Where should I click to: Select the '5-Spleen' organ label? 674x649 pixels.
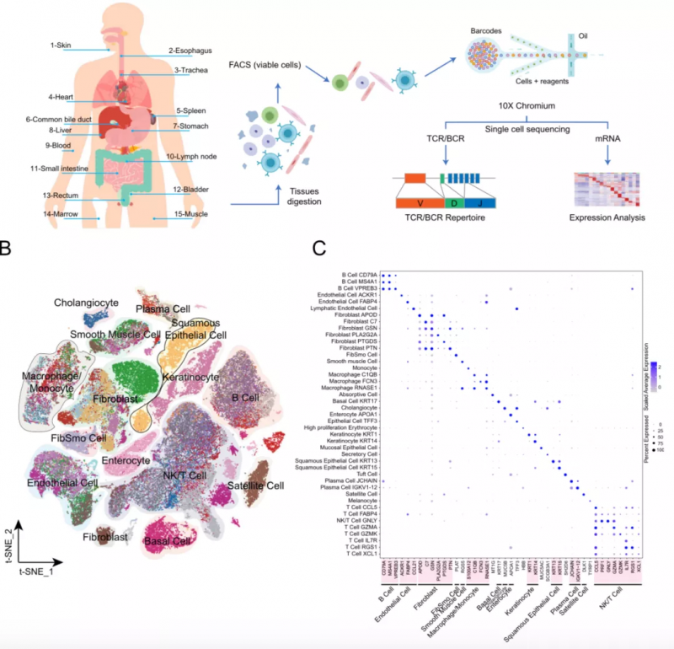click(x=190, y=110)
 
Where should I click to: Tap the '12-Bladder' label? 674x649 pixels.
click(x=190, y=190)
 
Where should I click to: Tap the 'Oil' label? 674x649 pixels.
click(x=583, y=36)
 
